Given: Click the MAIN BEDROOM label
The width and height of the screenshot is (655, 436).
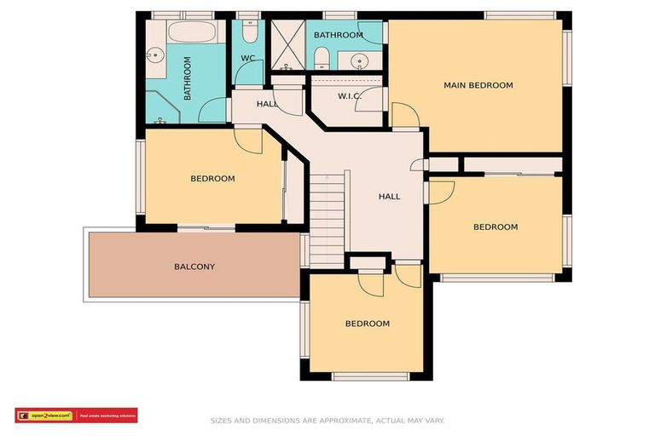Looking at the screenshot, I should point(478,85).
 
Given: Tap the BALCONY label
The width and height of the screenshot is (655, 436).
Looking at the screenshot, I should point(194,267).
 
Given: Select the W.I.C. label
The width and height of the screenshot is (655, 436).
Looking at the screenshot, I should point(350,96).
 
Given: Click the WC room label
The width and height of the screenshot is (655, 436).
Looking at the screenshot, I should point(247,58).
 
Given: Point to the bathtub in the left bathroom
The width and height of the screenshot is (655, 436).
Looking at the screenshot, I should point(185,34).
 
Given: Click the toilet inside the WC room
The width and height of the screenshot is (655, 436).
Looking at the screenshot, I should point(248,33).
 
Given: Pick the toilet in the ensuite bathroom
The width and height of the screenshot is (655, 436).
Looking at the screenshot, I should point(322,58).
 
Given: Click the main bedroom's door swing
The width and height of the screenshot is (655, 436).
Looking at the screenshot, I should point(404,115).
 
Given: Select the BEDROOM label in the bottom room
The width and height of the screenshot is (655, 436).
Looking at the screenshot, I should point(367,324).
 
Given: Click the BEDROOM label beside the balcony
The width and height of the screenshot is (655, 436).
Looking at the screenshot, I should point(212,179).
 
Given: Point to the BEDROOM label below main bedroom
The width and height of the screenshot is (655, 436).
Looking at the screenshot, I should point(496,227).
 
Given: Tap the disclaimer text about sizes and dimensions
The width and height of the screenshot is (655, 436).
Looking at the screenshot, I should point(327,420).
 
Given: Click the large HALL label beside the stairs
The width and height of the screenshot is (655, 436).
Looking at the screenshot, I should point(389,197).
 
